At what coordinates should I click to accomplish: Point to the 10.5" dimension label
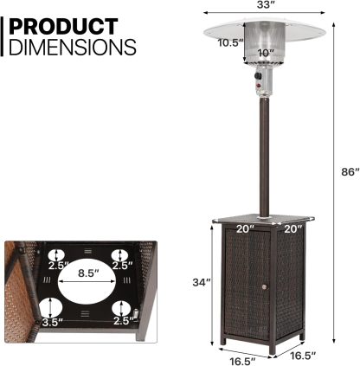coord(230,42)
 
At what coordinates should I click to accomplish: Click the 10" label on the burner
coord(266,53)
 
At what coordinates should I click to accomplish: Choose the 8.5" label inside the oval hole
coord(87,273)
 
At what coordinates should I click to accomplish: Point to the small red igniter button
coord(257,88)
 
